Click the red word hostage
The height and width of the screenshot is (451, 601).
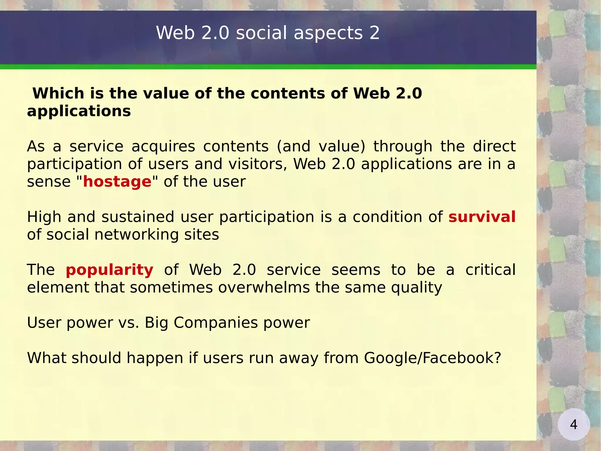pos(117,182)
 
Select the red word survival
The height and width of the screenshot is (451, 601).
pos(482,217)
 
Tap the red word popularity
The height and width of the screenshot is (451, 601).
pos(109,270)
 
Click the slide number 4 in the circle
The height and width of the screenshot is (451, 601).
pos(573,424)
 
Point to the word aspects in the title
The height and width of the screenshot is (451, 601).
pos(328,33)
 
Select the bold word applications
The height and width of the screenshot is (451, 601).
pos(79,111)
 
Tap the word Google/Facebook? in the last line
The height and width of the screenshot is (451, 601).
pos(432,358)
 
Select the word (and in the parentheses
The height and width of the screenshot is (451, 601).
pos(294,146)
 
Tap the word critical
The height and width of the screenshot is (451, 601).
pos(490,270)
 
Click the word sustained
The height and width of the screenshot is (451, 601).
pos(138,217)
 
